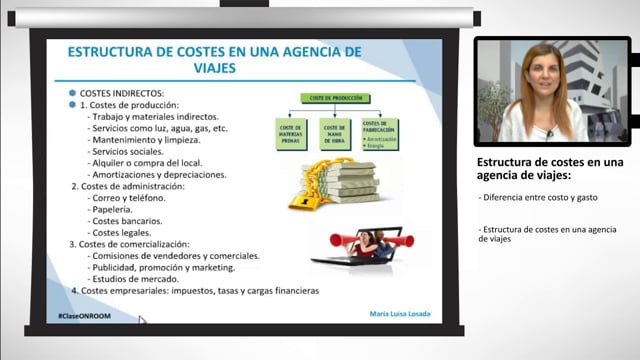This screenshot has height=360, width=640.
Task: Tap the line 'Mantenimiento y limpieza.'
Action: coord(149,140)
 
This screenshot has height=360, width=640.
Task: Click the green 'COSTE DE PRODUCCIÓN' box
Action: coord(331,98)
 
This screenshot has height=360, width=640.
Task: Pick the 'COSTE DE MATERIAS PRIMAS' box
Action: coord(291,134)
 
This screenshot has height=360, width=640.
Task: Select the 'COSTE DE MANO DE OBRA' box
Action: coord(335,134)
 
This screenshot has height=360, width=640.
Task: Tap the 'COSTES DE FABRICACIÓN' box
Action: coord(379,134)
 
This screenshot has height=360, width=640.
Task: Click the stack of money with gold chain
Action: coord(334,184)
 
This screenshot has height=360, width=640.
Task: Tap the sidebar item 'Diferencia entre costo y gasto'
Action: coord(538,197)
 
